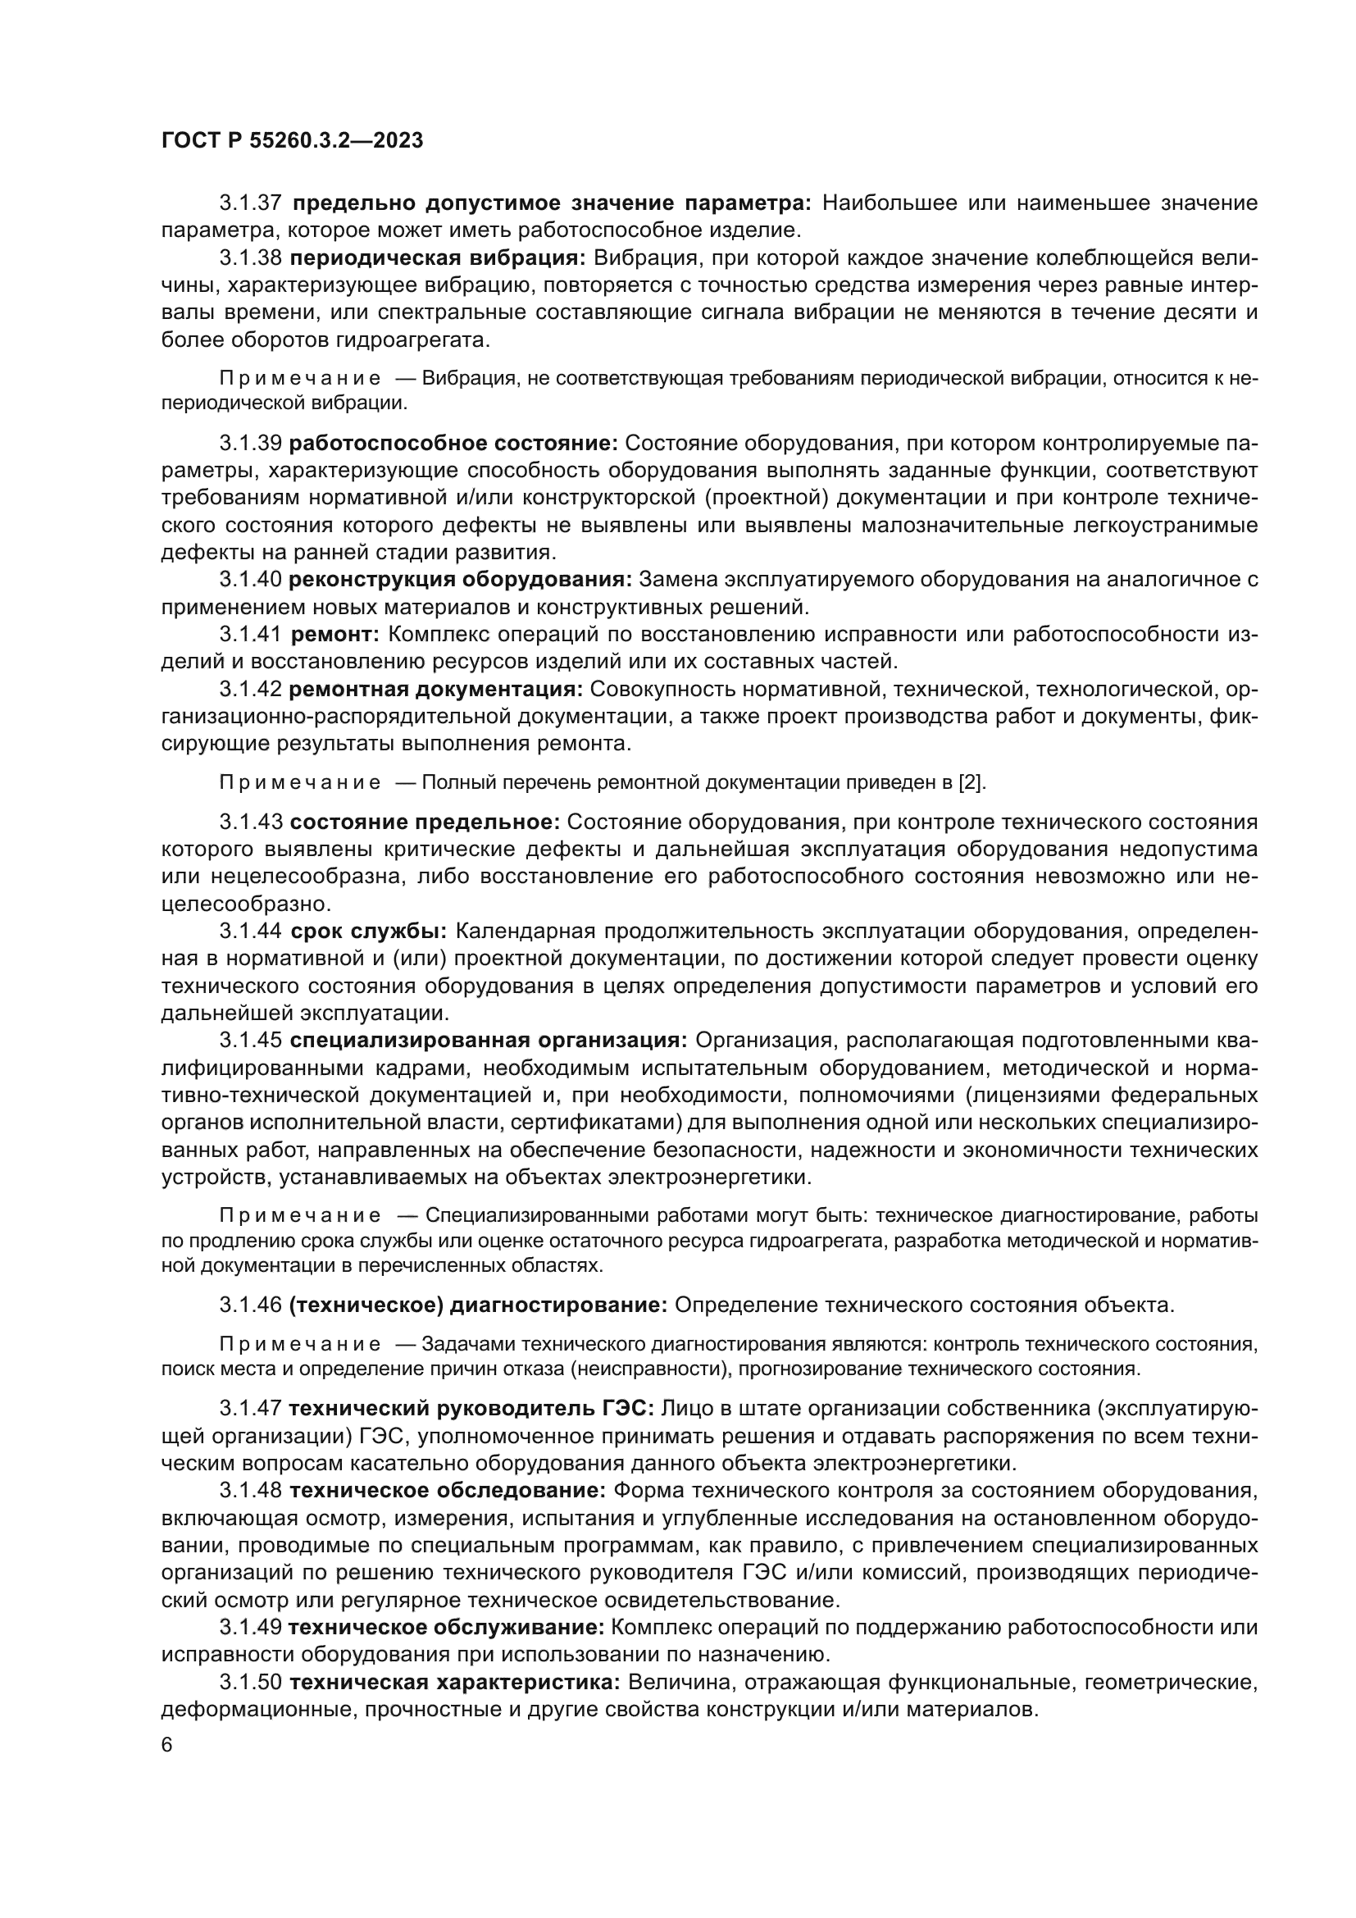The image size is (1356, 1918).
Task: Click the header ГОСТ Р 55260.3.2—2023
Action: click(292, 140)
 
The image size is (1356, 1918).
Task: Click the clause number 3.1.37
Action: click(251, 203)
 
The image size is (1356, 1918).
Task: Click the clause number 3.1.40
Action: click(251, 580)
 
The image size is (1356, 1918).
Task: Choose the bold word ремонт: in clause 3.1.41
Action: click(334, 634)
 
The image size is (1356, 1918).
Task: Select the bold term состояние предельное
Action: click(425, 822)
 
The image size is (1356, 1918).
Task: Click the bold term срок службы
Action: click(368, 932)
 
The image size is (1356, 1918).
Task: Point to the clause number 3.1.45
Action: click(251, 1041)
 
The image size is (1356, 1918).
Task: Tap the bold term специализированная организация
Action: click(489, 1041)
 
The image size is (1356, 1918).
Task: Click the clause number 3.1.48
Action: click(251, 1490)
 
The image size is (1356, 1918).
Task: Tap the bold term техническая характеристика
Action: click(454, 1683)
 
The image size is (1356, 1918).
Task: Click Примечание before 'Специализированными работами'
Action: click(300, 1215)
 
